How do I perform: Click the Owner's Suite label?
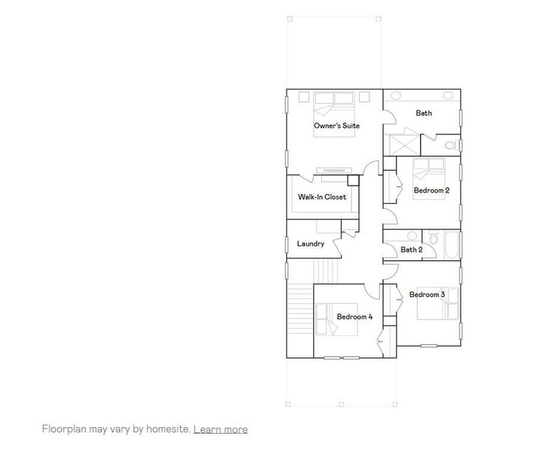[336, 126]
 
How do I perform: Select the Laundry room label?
[310, 244]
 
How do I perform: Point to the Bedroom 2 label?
[432, 190]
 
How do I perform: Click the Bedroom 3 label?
[427, 294]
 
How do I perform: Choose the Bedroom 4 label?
[354, 316]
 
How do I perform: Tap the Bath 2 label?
[411, 250]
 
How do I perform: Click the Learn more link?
[220, 429]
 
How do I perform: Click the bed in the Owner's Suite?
[335, 102]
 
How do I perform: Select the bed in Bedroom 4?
[330, 316]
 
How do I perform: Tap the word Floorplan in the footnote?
[65, 429]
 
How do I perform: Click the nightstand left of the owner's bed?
[304, 96]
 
